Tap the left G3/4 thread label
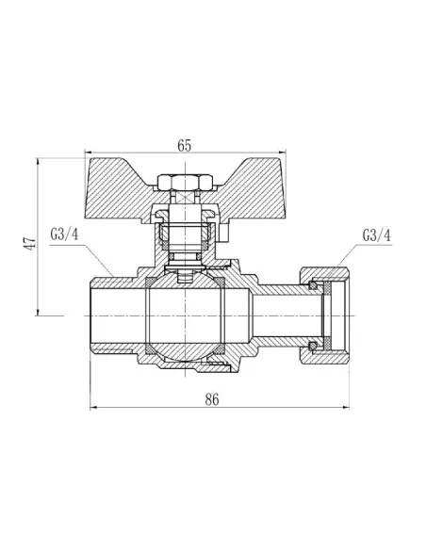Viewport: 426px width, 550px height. [x=62, y=234]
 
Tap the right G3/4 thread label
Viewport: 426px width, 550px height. [x=374, y=234]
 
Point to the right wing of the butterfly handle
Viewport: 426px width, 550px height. [x=247, y=180]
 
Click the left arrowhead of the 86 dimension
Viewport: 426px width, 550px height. [x=92, y=409]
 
